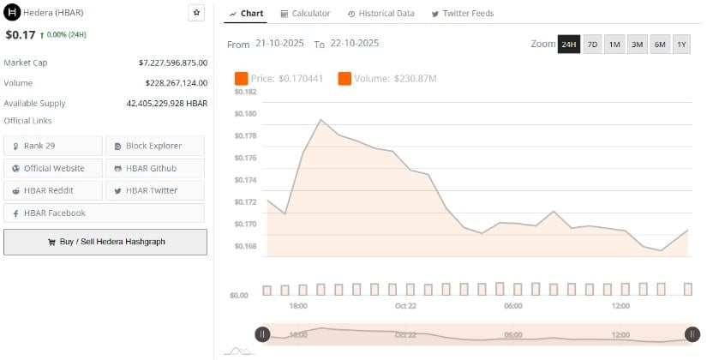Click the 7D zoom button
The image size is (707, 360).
[x=592, y=45]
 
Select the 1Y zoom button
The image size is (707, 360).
[x=681, y=45]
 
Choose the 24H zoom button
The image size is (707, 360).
[x=568, y=45]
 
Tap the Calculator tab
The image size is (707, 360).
[x=305, y=14]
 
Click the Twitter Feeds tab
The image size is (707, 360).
[x=463, y=14]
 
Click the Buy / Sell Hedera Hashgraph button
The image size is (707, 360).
[x=105, y=242]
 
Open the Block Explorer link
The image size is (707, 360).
[x=154, y=146]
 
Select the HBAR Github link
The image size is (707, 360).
[x=154, y=168]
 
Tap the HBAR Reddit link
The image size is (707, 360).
[x=53, y=190]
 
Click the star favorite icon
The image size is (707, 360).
[x=196, y=13]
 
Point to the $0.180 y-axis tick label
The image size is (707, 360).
[x=245, y=113]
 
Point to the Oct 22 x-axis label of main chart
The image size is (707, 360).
[x=405, y=306]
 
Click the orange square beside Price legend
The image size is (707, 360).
[x=241, y=79]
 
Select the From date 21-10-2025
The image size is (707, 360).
[x=279, y=44]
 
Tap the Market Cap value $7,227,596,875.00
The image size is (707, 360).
[x=172, y=63]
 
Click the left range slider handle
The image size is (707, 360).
[x=263, y=334]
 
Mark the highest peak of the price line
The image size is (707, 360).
[x=321, y=119]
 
